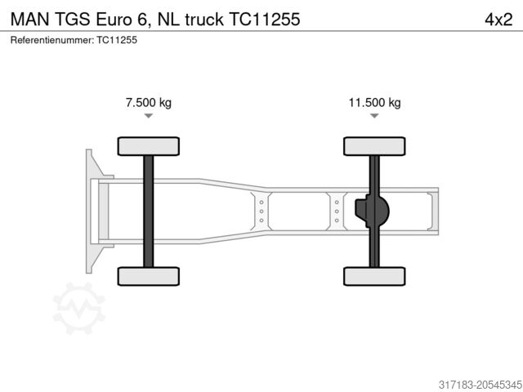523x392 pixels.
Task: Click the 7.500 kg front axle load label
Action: (148, 103)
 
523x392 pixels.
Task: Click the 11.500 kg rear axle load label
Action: (374, 103)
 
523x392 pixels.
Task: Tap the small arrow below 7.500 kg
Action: (148, 117)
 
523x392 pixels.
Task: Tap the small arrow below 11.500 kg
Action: (374, 117)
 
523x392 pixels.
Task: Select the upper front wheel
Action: (148, 146)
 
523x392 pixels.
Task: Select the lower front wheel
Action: (148, 276)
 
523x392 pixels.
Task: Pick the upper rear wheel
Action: (374, 146)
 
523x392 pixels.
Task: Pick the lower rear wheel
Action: (374, 276)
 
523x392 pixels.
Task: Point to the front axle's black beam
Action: (148, 211)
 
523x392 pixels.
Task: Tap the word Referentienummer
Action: (51, 39)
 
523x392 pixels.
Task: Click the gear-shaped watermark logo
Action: (79, 309)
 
